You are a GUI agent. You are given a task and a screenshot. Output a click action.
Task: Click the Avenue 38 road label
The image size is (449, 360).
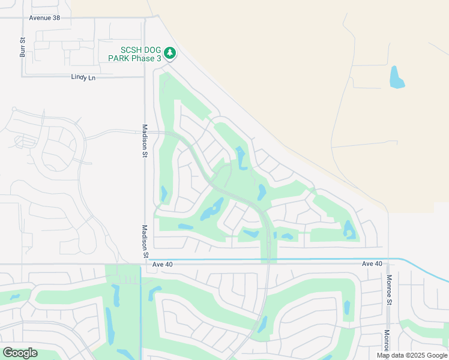point(44,18)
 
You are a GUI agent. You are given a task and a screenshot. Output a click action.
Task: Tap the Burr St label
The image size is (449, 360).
point(23,47)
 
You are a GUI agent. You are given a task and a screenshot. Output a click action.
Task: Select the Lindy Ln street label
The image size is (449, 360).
point(83,77)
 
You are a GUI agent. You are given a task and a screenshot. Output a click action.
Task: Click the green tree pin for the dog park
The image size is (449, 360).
point(170,54)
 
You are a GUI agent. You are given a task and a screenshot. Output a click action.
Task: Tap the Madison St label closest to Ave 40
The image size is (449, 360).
point(145,242)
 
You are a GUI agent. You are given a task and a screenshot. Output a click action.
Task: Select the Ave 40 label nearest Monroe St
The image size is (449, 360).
point(372,264)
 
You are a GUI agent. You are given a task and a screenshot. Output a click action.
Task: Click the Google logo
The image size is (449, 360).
point(20,353)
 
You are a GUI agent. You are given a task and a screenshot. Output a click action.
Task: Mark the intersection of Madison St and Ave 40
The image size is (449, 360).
point(145,263)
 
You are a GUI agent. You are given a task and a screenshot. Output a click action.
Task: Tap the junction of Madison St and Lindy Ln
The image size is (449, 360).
point(145,77)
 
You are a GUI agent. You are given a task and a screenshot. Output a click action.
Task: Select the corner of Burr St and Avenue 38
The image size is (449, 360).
point(23,18)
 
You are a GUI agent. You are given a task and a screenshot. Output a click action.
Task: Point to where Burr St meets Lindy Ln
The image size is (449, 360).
point(23,76)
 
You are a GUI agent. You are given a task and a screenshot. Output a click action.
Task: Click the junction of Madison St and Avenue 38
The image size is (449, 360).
point(145,18)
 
